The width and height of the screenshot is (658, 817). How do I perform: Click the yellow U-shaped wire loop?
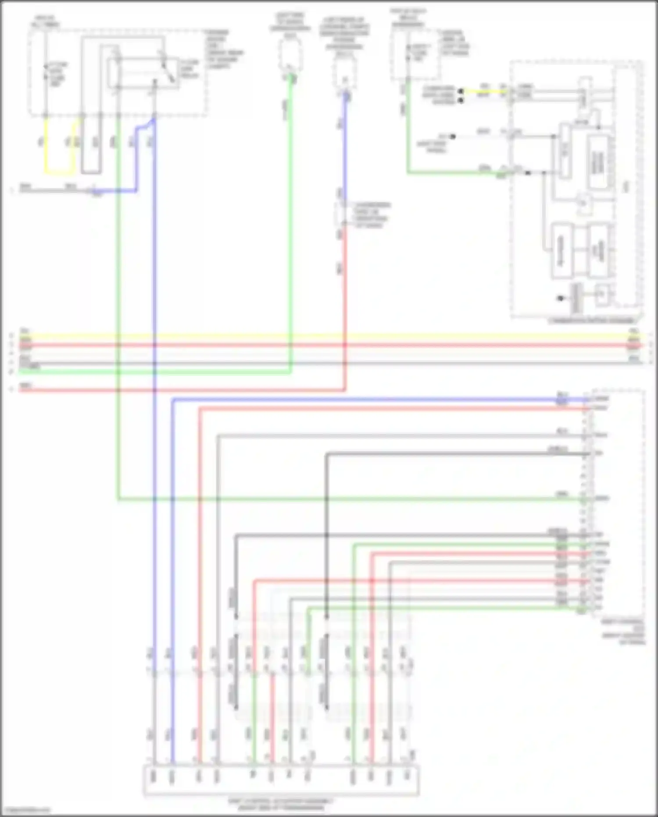coord(59,173)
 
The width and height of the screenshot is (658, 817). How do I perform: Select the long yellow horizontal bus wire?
coord(329,337)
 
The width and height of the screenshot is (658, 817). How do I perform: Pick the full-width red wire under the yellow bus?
coord(329,346)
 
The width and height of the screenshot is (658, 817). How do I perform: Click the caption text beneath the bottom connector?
coord(281,804)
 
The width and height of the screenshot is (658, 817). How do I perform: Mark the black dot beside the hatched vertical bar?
coord(561,299)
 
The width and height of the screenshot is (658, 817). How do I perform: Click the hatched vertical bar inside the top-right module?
coord(576,298)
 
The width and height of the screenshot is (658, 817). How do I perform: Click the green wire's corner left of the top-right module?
coord(408,173)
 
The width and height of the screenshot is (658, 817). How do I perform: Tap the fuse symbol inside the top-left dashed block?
coord(46,72)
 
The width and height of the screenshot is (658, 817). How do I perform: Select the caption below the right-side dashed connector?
coord(623,632)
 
